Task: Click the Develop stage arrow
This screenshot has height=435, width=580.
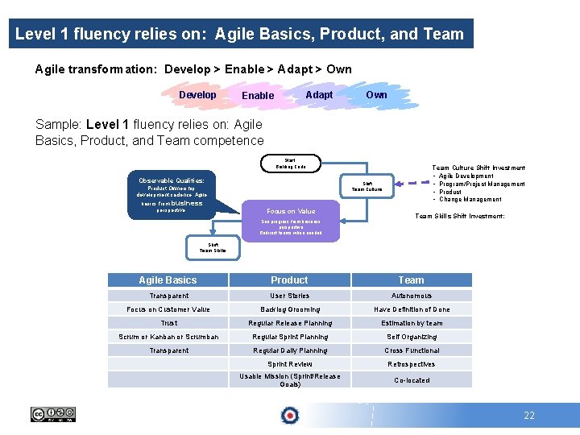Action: (198, 95)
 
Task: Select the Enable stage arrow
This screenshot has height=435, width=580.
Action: (258, 95)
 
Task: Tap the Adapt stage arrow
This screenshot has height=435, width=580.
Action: (319, 95)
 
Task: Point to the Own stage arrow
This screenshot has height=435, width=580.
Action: (376, 95)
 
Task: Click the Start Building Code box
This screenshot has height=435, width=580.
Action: (291, 164)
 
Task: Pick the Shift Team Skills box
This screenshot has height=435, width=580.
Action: (213, 248)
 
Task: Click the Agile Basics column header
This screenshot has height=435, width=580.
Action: (168, 280)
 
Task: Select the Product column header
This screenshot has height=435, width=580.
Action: (289, 280)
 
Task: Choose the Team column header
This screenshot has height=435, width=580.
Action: (411, 280)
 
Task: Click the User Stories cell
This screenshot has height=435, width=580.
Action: (289, 296)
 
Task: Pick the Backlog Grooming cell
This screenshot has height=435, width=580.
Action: (289, 309)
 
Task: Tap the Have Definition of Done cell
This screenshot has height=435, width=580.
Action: (411, 309)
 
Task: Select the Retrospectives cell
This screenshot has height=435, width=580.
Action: (411, 364)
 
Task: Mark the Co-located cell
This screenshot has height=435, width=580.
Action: (411, 380)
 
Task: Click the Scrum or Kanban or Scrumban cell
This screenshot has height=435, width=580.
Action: (168, 337)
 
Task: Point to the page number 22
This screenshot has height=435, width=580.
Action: (528, 416)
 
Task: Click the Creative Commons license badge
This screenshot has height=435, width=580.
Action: (53, 415)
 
